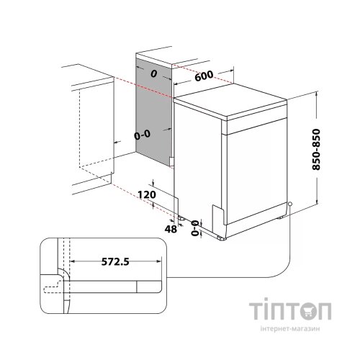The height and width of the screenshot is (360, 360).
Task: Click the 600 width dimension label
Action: point(204,76)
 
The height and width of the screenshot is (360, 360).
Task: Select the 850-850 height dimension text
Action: point(316,150)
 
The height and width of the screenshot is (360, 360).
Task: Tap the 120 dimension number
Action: point(147,194)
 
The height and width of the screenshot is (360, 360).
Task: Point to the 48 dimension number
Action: point(171,229)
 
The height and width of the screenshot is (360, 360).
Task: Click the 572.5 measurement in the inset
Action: point(115,261)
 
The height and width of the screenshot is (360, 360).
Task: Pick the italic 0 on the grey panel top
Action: point(153,74)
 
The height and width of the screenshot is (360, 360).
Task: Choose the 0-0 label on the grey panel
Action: point(142,135)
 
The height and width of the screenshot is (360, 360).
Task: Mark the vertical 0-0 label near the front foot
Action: point(194,228)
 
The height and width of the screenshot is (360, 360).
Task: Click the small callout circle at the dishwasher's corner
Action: point(290,204)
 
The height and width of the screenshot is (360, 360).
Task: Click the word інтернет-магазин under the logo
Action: point(290,328)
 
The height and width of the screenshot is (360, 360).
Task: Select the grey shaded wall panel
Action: point(154,113)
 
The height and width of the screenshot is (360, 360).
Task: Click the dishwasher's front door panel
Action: point(257,171)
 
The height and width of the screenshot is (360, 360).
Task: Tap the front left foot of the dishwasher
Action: point(222,238)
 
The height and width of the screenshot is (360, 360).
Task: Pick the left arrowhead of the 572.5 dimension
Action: point(72,261)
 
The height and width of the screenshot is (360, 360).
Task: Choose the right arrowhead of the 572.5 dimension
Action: point(159,261)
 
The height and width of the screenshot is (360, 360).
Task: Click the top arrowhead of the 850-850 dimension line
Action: point(317,94)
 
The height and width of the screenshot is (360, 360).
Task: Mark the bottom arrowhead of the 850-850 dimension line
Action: point(317,201)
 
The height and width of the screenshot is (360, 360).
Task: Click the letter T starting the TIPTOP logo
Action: point(256,311)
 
